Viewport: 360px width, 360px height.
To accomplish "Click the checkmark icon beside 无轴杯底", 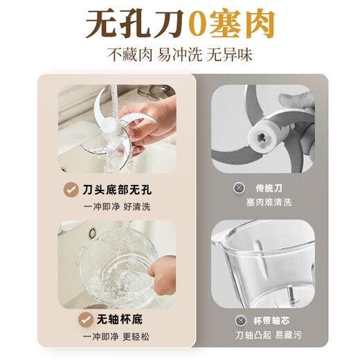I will click(x=87, y=320).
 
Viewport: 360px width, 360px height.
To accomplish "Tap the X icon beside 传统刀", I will click(x=239, y=188).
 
